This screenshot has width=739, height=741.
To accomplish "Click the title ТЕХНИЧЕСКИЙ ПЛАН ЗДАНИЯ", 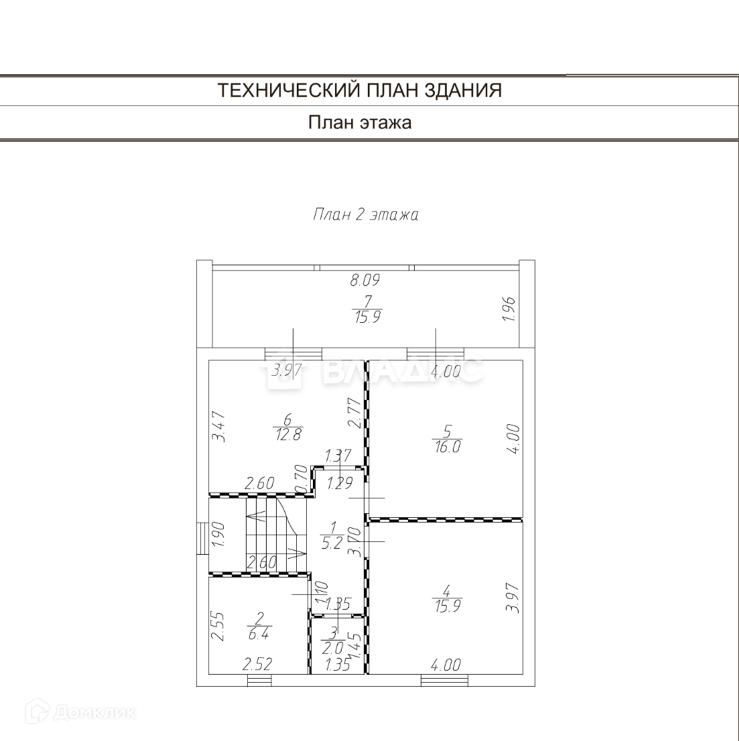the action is [360, 90].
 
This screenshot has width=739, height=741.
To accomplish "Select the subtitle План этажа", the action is [360, 123].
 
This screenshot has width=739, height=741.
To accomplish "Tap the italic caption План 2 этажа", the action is [365, 215].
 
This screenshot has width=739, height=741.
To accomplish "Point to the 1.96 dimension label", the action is [509, 309].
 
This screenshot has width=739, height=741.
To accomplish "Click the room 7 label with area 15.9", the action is [365, 310].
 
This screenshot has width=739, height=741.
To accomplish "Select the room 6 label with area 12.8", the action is [288, 427].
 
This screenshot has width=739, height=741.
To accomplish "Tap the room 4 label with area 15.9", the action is [447, 598].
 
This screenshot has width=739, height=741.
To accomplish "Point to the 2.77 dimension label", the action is [355, 413].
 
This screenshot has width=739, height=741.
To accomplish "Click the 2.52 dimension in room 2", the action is [258, 665].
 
